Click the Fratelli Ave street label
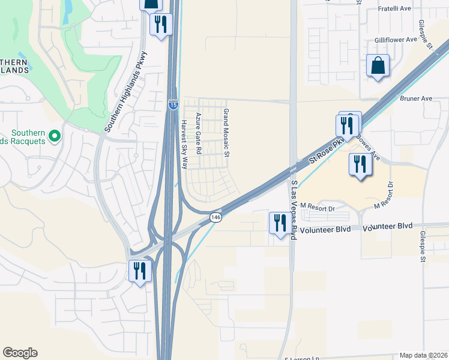point(394,9)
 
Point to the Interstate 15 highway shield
point(173,104)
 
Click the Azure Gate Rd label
point(197,134)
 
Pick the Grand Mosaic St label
point(227,133)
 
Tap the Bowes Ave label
point(367,146)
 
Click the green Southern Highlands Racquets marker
point(55,136)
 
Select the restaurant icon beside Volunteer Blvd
point(279,224)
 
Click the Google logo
point(20,353)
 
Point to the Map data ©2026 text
point(424,355)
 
